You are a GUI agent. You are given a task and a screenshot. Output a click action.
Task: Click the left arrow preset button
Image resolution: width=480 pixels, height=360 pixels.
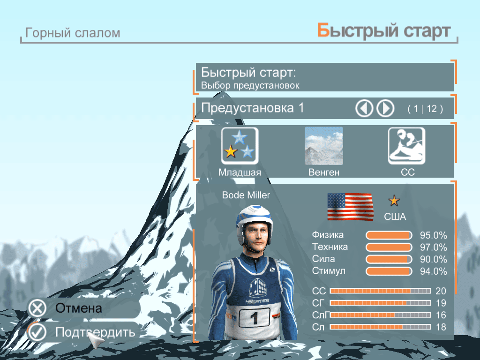click(x=364, y=108)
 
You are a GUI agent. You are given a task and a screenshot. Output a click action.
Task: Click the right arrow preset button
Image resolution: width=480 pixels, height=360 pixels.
click(x=385, y=108)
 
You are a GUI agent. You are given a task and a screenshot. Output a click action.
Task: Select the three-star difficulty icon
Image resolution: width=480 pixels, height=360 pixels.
click(x=240, y=146)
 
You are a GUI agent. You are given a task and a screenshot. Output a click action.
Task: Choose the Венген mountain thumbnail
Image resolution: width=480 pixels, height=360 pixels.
click(x=323, y=146)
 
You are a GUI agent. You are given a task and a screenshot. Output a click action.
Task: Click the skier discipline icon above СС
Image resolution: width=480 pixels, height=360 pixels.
click(x=406, y=146)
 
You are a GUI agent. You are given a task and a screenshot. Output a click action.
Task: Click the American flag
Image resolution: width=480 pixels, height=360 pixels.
click(x=350, y=207)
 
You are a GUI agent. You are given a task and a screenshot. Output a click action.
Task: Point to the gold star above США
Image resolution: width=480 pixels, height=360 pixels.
click(x=394, y=201)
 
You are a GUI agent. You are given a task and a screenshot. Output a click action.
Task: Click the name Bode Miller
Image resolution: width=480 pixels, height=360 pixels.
click(x=246, y=195)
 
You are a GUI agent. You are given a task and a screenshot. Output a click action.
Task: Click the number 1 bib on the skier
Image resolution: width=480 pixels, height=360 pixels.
click(x=255, y=318)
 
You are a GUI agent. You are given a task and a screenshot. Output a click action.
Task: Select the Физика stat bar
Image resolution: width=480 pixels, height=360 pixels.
click(x=389, y=235)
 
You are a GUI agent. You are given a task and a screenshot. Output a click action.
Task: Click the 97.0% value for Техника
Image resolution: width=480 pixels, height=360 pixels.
click(x=433, y=247)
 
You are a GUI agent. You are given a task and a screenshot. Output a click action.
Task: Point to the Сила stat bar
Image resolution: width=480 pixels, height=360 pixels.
click(x=389, y=259)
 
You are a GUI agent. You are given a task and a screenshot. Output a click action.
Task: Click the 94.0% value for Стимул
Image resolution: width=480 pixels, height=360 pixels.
click(x=433, y=271)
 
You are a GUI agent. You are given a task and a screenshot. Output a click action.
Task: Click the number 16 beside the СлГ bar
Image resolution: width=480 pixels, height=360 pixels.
click(x=441, y=315)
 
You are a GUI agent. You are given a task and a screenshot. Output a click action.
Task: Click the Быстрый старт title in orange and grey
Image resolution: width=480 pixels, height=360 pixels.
click(x=383, y=31)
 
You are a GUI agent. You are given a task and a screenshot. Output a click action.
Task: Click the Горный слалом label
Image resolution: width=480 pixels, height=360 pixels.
click(x=73, y=33)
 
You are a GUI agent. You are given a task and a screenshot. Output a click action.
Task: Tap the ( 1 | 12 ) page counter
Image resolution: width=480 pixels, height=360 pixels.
click(x=425, y=109)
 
